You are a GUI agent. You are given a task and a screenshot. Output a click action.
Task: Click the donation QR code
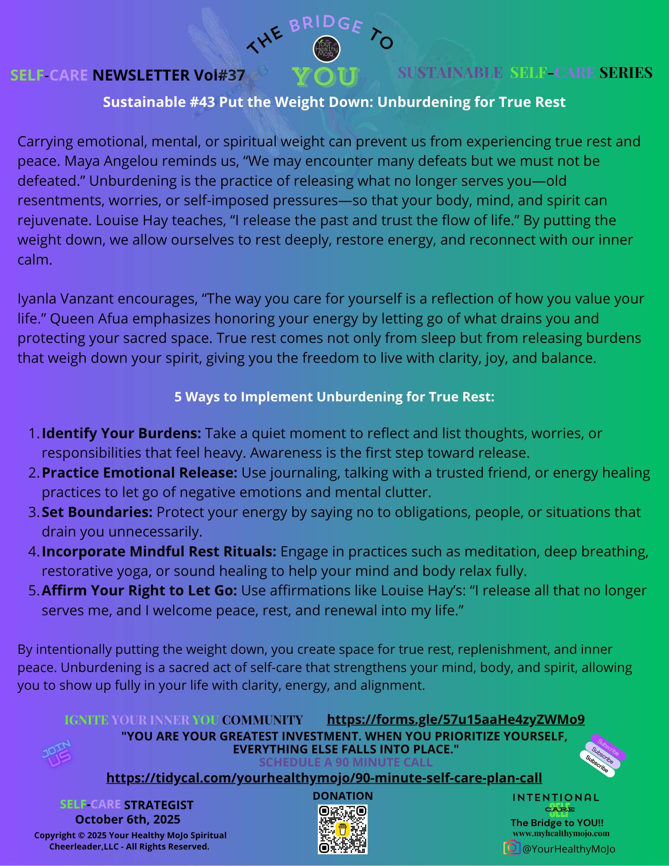pyautogui.click(x=343, y=829)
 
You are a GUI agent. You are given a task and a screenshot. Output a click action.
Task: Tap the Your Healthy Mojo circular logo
pyautogui.click(x=326, y=49)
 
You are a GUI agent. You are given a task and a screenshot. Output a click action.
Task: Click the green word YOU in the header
pyautogui.click(x=325, y=77)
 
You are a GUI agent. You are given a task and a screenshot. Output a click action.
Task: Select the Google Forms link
pyautogui.click(x=456, y=719)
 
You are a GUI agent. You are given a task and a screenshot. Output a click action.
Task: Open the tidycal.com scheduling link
pyautogui.click(x=324, y=778)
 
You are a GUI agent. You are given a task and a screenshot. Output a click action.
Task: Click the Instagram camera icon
pyautogui.click(x=511, y=847)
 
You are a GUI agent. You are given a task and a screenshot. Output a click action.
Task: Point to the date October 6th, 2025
pyautogui.click(x=128, y=819)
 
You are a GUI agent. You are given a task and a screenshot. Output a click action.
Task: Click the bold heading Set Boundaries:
pyautogui.click(x=97, y=512)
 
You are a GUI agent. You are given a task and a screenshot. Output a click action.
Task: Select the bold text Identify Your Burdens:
pyautogui.click(x=121, y=433)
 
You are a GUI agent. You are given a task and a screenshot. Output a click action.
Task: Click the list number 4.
pyautogui.click(x=33, y=551)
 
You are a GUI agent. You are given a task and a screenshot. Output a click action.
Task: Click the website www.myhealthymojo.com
pyautogui.click(x=561, y=834)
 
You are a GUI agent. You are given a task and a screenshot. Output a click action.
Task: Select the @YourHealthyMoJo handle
pyautogui.click(x=569, y=849)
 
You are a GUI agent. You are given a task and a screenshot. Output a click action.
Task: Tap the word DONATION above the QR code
pyautogui.click(x=343, y=796)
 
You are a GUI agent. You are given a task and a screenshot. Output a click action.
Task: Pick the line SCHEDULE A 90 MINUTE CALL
pyautogui.click(x=346, y=762)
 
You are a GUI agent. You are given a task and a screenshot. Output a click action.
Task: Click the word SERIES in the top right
pyautogui.click(x=626, y=73)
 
